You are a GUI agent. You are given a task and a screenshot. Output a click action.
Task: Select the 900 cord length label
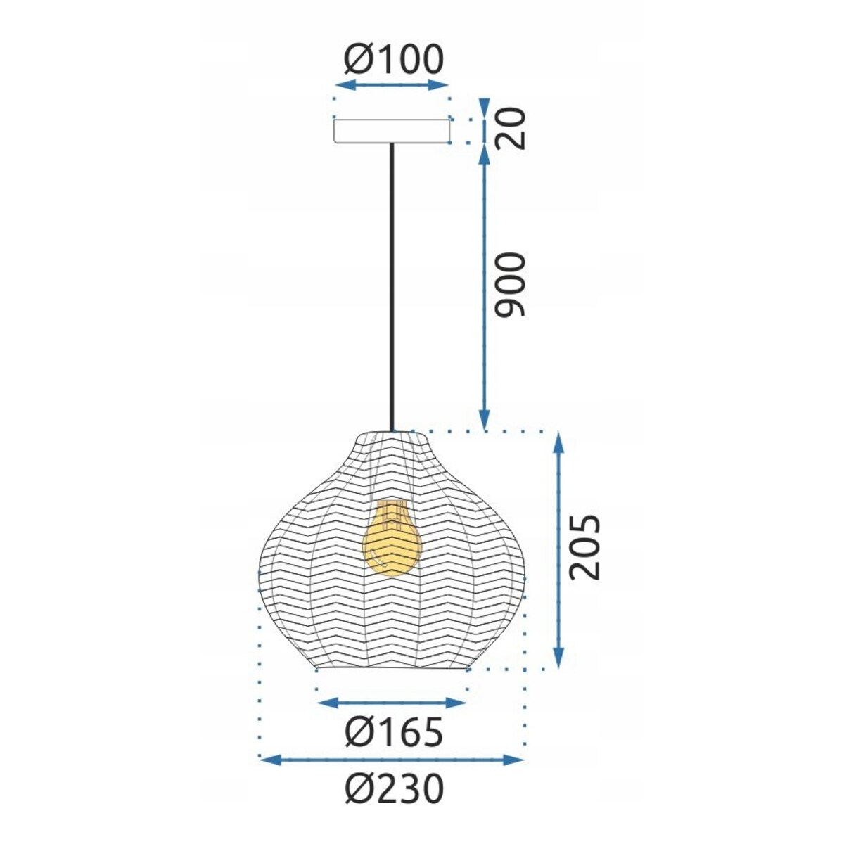click(510, 284)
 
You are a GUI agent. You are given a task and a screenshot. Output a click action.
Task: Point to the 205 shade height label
click(584, 547)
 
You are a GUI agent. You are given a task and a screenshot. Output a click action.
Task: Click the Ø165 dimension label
click(394, 731)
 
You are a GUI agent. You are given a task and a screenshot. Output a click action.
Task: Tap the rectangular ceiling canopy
click(392, 131)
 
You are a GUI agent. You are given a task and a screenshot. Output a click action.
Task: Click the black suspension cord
click(392, 287)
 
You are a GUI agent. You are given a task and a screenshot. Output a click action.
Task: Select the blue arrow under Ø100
click(392, 85)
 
